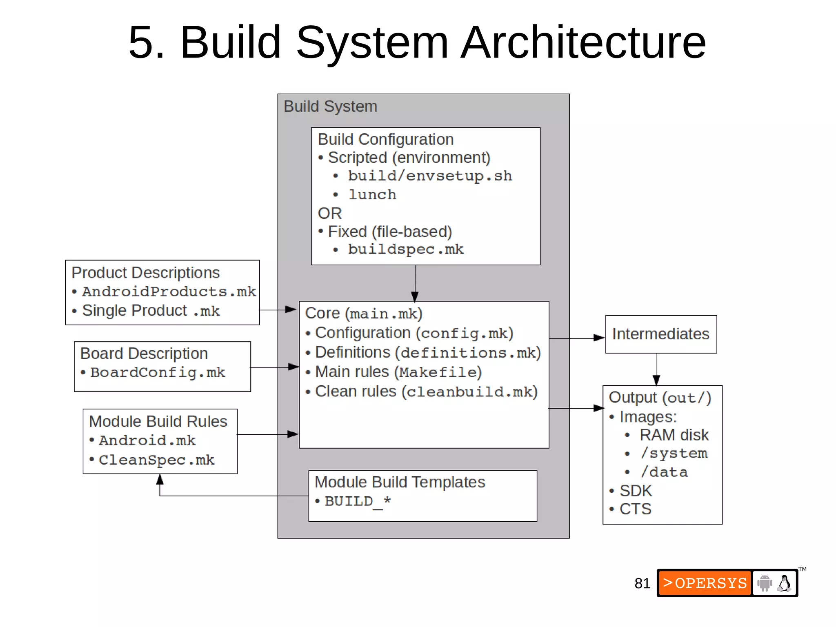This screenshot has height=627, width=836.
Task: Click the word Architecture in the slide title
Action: pyautogui.click(x=584, y=42)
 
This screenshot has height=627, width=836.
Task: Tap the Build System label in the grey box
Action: pyautogui.click(x=330, y=107)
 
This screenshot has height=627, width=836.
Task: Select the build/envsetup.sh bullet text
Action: pyautogui.click(x=429, y=176)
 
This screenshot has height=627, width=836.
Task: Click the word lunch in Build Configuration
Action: pyautogui.click(x=372, y=195)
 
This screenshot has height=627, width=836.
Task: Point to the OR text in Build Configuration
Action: pyautogui.click(x=329, y=213)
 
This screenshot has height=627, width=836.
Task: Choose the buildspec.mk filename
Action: pyautogui.click(x=405, y=249)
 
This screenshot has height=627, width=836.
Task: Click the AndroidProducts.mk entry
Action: pyautogui.click(x=169, y=292)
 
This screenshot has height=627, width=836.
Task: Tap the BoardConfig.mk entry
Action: pyautogui.click(x=158, y=373)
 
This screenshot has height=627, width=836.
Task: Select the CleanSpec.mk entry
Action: pyautogui.click(x=156, y=460)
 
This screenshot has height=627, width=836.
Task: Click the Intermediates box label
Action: pyautogui.click(x=660, y=334)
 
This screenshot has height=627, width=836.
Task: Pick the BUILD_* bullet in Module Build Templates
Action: pyautogui.click(x=358, y=501)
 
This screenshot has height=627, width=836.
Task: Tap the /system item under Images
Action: pyautogui.click(x=674, y=454)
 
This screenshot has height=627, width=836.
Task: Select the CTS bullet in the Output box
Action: pyautogui.click(x=635, y=509)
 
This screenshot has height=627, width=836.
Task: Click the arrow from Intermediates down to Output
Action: pyautogui.click(x=656, y=369)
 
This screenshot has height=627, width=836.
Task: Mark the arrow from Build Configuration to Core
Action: pyautogui.click(x=415, y=284)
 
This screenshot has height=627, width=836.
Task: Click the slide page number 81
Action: pyautogui.click(x=642, y=583)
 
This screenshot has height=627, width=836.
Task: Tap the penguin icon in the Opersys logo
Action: pyautogui.click(x=784, y=583)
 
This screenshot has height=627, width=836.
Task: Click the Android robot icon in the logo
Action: pyautogui.click(x=765, y=583)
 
